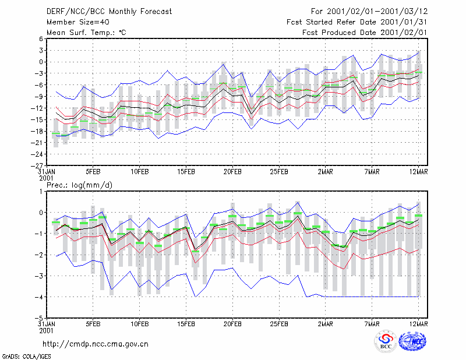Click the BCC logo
coord(386,342)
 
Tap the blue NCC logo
coord(412,341)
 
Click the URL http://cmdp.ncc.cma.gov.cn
coord(96,344)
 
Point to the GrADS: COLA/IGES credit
coord(27,357)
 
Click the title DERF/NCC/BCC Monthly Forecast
coord(109,12)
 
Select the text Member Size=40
coord(78,22)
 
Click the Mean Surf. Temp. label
coord(86,33)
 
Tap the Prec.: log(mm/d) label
coord(79,185)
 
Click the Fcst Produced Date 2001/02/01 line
coord(365,33)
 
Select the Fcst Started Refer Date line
coord(356,22)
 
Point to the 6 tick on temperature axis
coord(41,39)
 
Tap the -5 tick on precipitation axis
coord(39,318)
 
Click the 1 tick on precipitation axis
coord(41,192)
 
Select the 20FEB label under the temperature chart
coord(232,172)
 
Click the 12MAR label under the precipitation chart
coord(418,324)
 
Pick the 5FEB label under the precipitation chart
coord(93,324)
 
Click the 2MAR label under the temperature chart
coord(326,172)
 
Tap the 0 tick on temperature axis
coord(41,62)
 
